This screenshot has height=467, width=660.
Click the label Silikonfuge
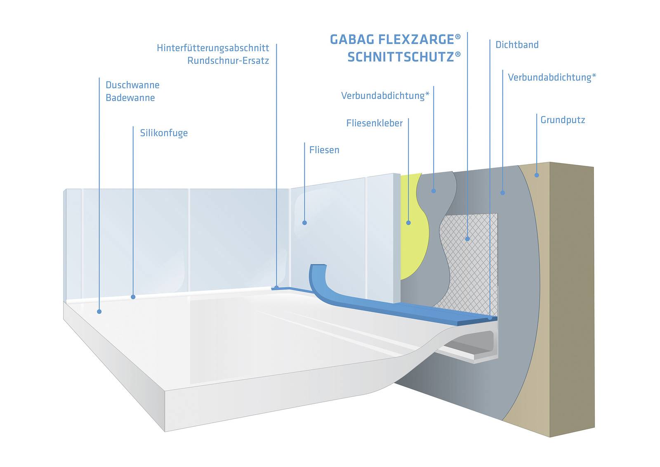164,133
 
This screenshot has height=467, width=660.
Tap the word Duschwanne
132,85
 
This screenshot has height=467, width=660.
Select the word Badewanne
130,98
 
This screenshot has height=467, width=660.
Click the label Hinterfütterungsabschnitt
213,48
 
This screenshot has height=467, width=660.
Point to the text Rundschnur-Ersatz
228,61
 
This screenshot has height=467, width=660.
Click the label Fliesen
324,150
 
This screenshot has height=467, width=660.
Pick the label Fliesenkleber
375,123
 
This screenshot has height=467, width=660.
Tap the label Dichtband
517,45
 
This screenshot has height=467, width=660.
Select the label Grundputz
563,120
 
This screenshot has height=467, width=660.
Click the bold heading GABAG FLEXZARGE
392,40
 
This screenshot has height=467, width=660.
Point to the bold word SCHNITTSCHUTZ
401,57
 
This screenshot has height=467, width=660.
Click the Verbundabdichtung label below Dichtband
552,77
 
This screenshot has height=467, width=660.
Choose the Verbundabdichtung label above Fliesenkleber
385,96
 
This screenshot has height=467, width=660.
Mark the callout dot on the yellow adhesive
408,223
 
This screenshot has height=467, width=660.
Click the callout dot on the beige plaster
537,175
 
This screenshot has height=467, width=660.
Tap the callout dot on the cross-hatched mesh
467,239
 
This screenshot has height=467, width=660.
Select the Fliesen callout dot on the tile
304,223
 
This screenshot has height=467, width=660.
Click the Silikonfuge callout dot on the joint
133,296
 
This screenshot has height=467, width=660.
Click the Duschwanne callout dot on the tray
99,311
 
